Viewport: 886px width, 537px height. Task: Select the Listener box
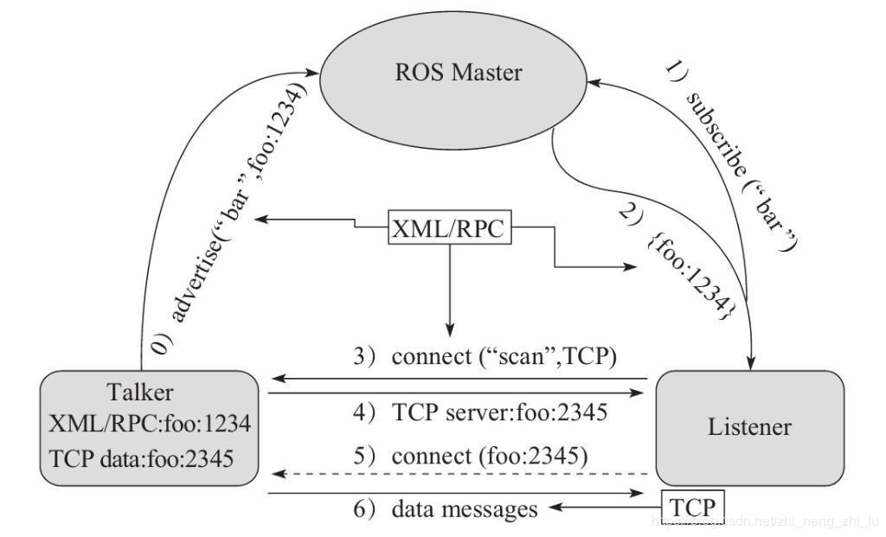[749, 427]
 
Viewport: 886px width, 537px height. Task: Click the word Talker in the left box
[140, 393]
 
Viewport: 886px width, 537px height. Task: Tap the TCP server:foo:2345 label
[500, 412]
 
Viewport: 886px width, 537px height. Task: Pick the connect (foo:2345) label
[490, 456]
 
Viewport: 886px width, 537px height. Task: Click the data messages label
[464, 509]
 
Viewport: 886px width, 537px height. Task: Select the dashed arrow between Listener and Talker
[459, 474]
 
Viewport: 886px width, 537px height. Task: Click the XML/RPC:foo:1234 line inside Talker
[151, 425]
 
